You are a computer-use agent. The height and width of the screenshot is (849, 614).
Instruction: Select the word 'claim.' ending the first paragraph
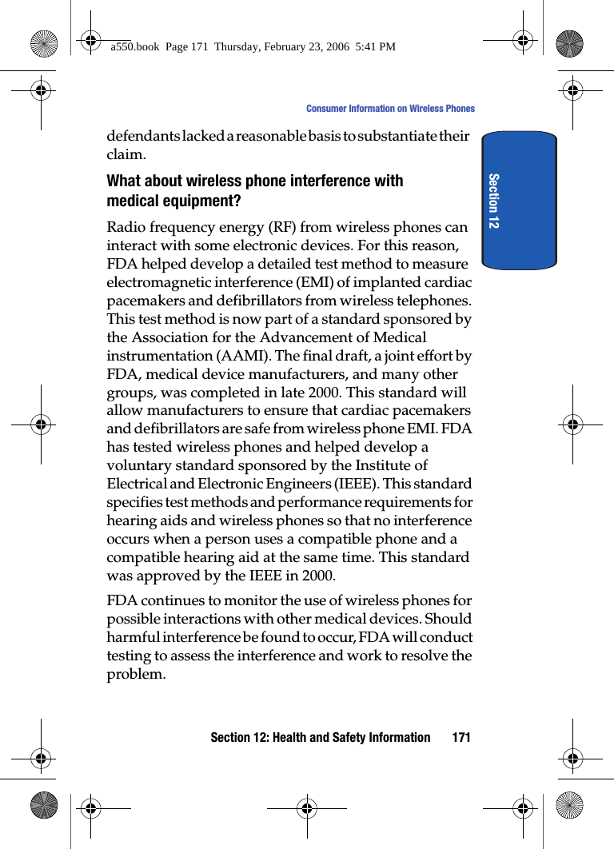coord(126,154)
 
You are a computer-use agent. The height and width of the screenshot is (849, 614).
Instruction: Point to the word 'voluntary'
coord(138,465)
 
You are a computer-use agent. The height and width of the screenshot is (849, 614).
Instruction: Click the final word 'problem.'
coord(137,674)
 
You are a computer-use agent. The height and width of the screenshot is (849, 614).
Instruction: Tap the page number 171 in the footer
coord(460,737)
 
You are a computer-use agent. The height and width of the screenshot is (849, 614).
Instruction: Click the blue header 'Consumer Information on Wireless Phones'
coord(390,109)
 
